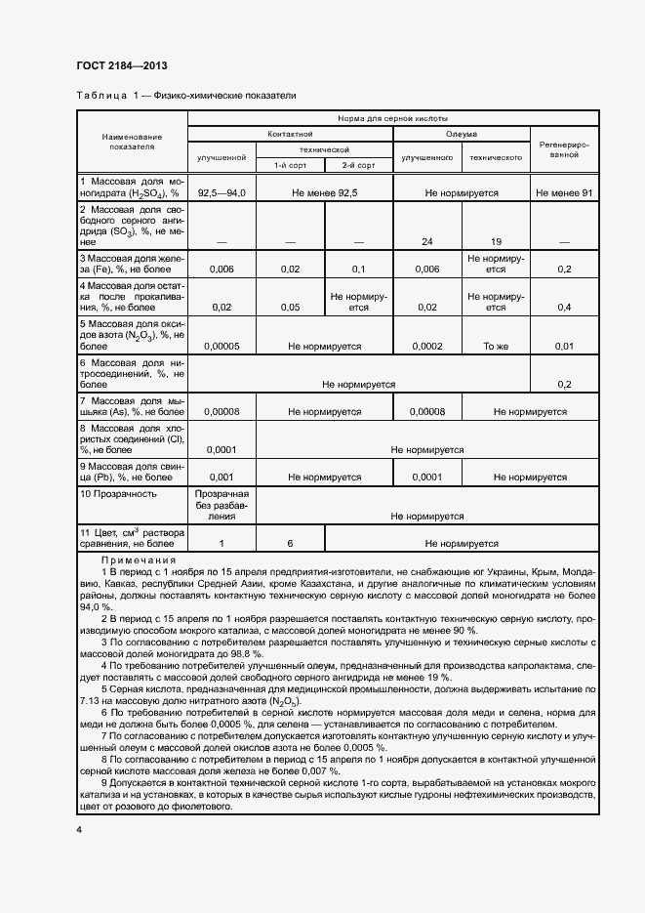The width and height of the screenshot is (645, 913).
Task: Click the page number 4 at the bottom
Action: pyautogui.click(x=79, y=829)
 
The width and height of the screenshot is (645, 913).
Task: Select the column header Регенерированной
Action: pyautogui.click(x=564, y=148)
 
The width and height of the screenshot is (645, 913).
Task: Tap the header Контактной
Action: pyautogui.click(x=290, y=133)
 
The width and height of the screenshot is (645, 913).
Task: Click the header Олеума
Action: pyautogui.click(x=462, y=133)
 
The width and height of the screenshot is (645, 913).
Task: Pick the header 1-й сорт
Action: pyautogui.click(x=290, y=165)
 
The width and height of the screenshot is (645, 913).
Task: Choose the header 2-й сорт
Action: pyautogui.click(x=358, y=165)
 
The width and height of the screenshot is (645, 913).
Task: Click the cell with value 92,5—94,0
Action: pyautogui.click(x=221, y=193)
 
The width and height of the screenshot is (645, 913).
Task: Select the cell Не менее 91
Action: pyautogui.click(x=564, y=193)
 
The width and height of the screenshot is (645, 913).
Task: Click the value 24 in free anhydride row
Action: pyautogui.click(x=426, y=241)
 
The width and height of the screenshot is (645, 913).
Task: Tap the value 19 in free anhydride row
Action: pyautogui.click(x=496, y=241)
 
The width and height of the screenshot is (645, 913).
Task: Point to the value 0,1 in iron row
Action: pyautogui.click(x=358, y=270)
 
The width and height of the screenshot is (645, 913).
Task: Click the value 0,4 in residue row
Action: pyautogui.click(x=564, y=308)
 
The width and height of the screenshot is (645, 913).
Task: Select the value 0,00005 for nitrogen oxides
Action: pyautogui.click(x=221, y=346)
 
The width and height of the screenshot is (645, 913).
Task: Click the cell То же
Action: pyautogui.click(x=496, y=346)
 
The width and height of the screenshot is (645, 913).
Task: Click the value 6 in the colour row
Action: pyautogui.click(x=290, y=544)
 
